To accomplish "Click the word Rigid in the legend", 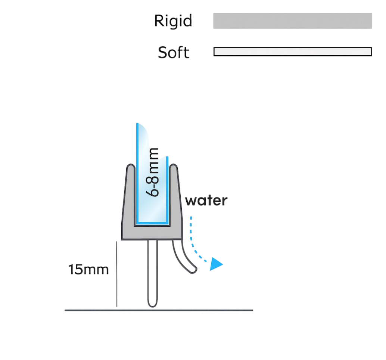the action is [x=173, y=21].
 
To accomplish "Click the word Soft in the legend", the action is [x=174, y=52].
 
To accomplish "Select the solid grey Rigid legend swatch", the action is [x=292, y=21].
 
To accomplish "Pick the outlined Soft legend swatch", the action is [x=292, y=52].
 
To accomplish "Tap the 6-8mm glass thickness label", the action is [x=153, y=172].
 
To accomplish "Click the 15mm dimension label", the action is [x=88, y=269].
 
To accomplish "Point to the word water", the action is [x=206, y=201].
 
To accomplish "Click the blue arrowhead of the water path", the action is [x=216, y=264].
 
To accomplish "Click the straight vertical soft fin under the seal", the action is [x=153, y=273].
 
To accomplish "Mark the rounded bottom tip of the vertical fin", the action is [x=153, y=305].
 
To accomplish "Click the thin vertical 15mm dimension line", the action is [x=117, y=274].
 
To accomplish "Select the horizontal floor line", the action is [x=159, y=310].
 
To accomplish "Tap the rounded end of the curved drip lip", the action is [x=193, y=270].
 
